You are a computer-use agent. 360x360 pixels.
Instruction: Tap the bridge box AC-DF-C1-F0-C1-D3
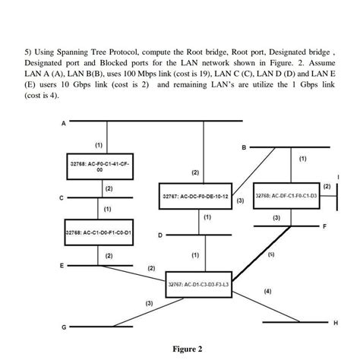click(286, 195)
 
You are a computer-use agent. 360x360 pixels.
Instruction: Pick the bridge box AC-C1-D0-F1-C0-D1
click(99, 232)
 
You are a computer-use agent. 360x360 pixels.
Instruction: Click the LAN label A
click(64, 122)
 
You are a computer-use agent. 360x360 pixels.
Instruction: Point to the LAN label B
click(244, 147)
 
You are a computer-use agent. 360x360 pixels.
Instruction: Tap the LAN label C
click(64, 199)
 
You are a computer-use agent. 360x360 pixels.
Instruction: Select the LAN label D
click(160, 235)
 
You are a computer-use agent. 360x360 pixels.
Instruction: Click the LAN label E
click(64, 266)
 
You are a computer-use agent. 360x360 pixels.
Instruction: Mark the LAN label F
click(324, 226)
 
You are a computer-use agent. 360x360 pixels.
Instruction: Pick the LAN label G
click(64, 327)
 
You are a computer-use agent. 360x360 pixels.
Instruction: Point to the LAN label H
click(335, 322)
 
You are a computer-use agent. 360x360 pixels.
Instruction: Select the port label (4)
click(267, 291)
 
